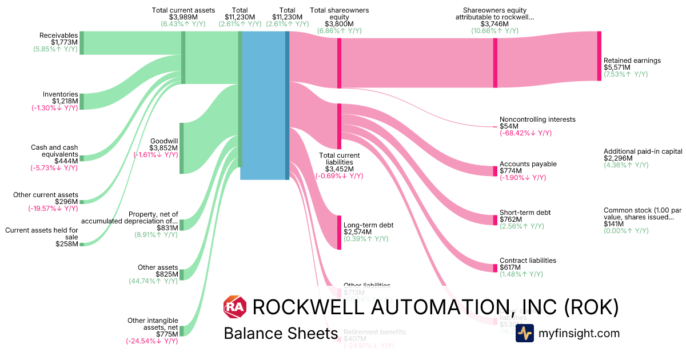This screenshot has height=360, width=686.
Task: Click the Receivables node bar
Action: click(82, 43)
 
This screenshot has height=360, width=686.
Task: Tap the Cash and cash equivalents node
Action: click(82, 158)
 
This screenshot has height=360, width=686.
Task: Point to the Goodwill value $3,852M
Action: click(163, 147)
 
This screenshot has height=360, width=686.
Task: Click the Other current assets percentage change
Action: click(53, 209)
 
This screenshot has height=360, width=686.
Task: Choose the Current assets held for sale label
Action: click(42, 233)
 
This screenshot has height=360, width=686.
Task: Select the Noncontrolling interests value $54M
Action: click(509, 126)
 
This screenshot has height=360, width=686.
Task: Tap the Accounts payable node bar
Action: click(495, 171)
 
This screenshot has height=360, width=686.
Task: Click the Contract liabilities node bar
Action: click(495, 268)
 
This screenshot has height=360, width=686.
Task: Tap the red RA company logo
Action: click(234, 307)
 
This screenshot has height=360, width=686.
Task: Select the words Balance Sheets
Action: click(280, 334)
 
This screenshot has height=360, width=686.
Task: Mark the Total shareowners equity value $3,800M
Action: click(339, 24)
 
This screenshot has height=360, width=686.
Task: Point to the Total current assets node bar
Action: click(183, 57)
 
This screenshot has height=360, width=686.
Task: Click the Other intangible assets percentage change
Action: click(151, 341)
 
